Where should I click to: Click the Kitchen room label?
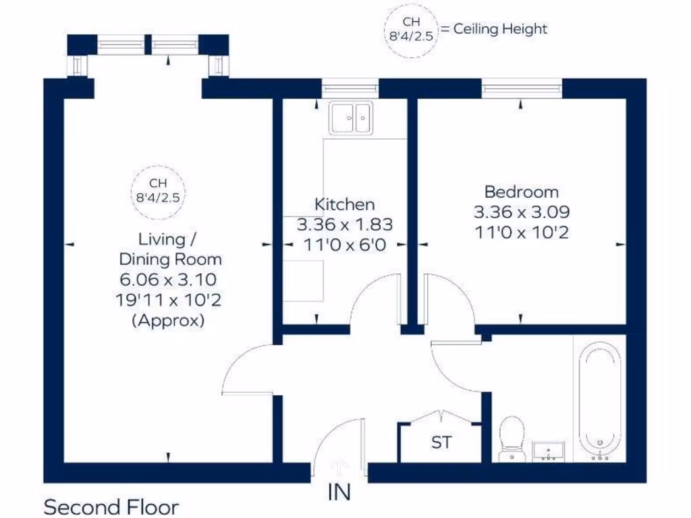pyautogui.click(x=344, y=204)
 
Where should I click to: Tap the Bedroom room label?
pyautogui.click(x=522, y=192)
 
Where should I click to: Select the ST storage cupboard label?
pyautogui.click(x=441, y=443)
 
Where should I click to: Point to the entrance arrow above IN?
pyautogui.click(x=339, y=466)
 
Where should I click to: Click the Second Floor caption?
pyautogui.click(x=111, y=507)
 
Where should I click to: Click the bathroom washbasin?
pyautogui.click(x=549, y=451)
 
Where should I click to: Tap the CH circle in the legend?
pyautogui.click(x=410, y=30)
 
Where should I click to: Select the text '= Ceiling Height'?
pyautogui.click(x=494, y=29)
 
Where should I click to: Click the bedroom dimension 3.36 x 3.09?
pyautogui.click(x=522, y=212)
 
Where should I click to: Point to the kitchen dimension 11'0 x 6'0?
pyautogui.click(x=344, y=245)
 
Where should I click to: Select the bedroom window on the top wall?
pyautogui.click(x=522, y=88)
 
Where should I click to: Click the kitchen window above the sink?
pyautogui.click(x=350, y=88)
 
